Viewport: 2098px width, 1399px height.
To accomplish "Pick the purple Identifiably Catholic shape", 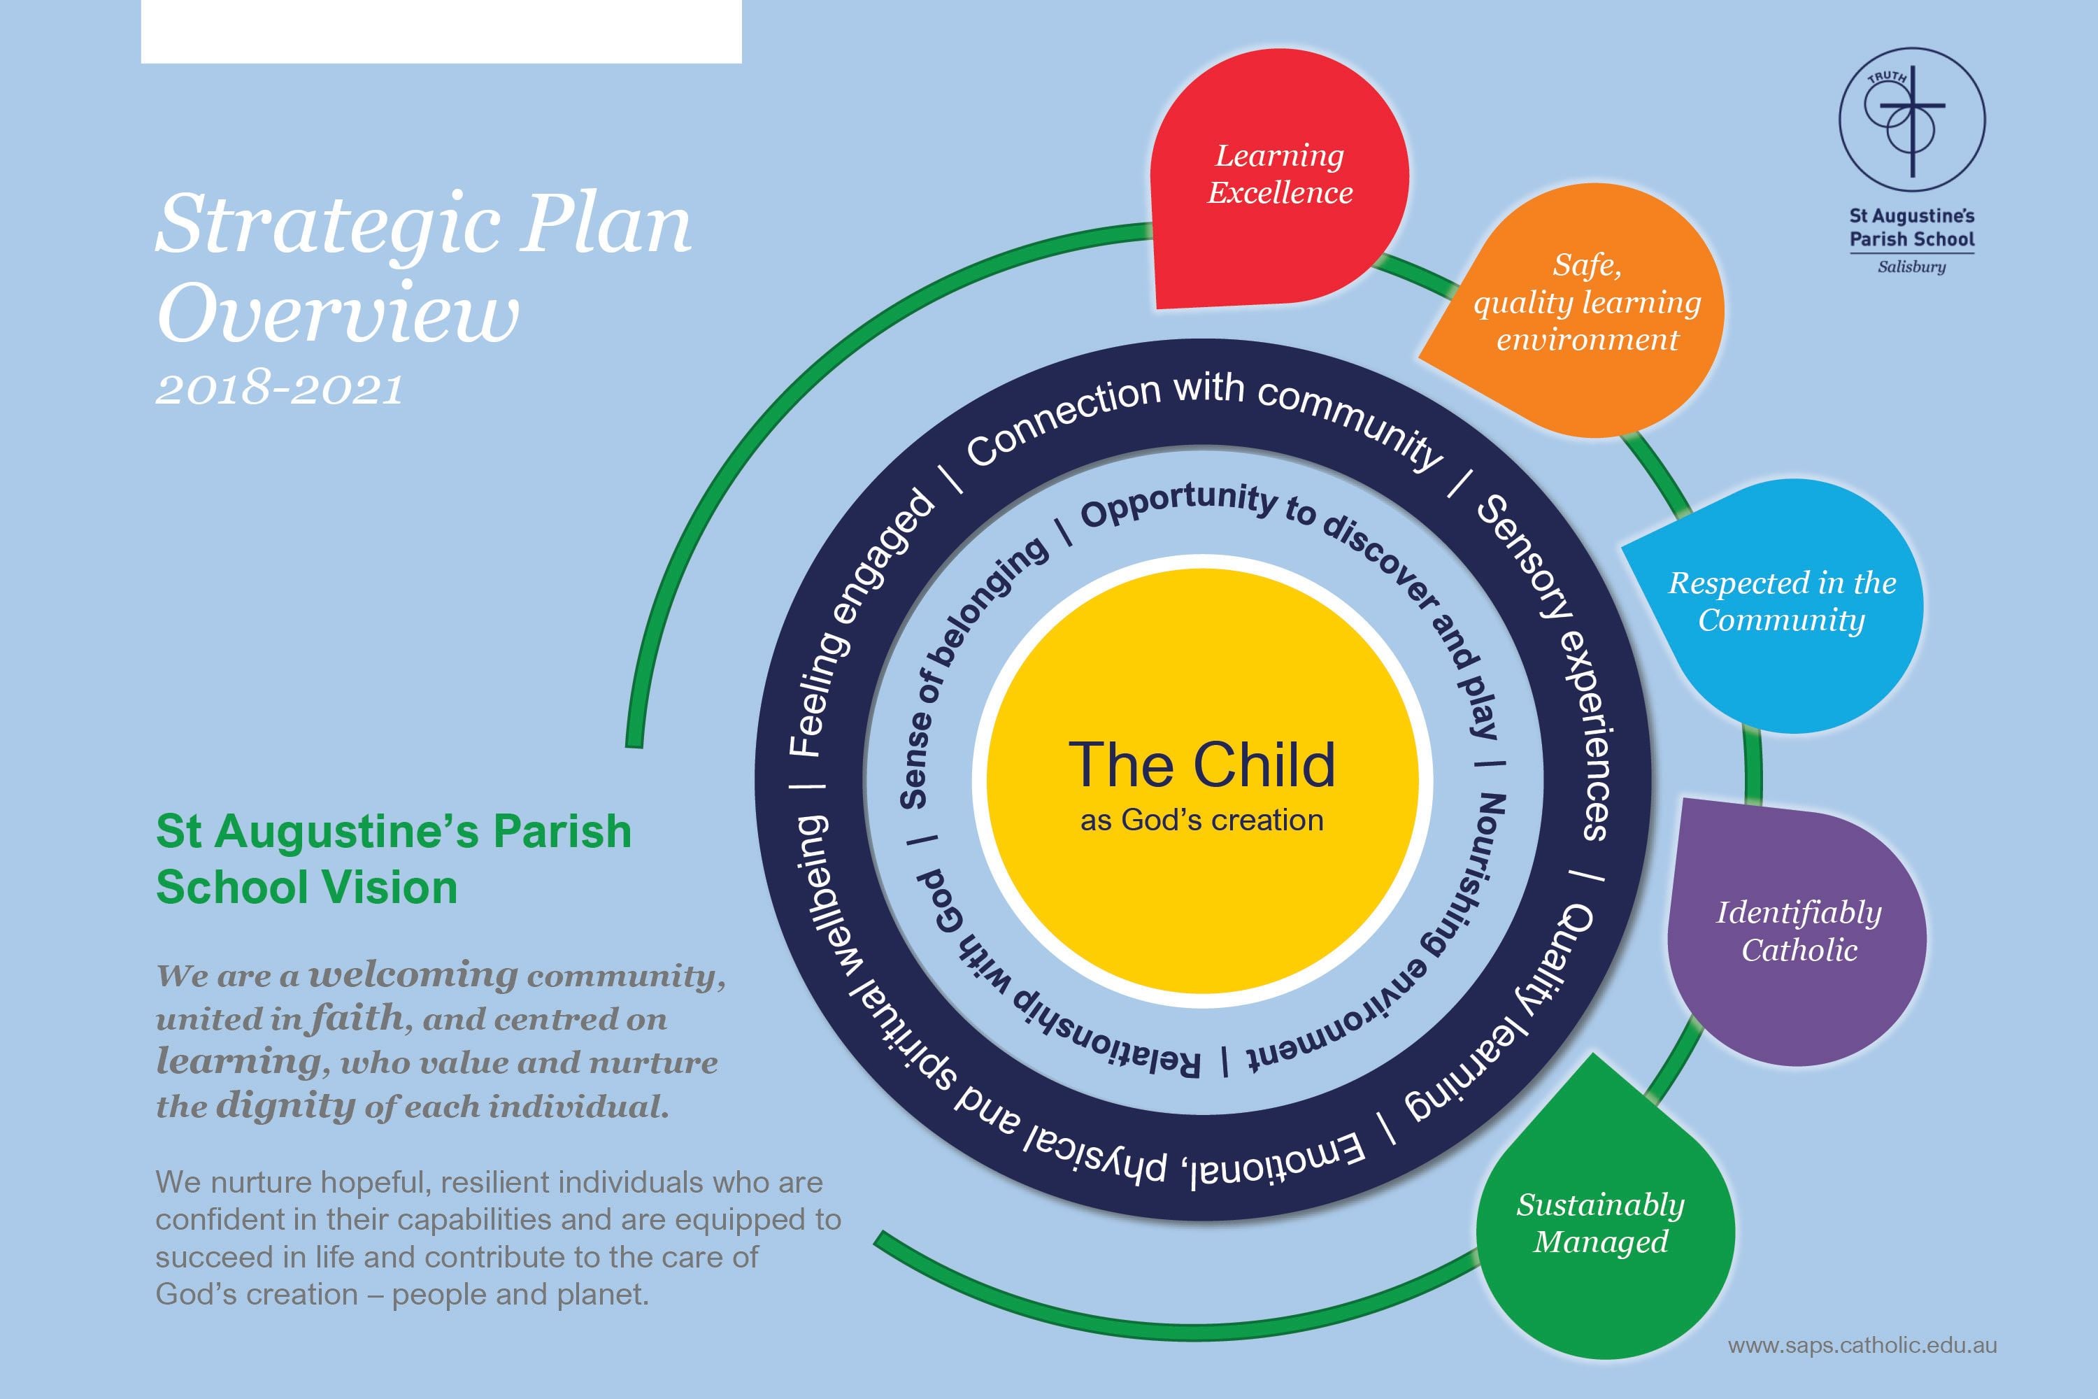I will [1798, 932].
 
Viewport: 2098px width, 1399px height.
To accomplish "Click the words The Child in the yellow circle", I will [1201, 765].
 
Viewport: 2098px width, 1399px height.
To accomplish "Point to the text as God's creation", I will [1201, 821].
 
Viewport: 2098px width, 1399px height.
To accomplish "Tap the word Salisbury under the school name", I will [1911, 267].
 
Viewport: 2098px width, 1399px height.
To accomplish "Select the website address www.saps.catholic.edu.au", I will [1862, 1345].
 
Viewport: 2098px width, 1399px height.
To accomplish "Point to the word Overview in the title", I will [337, 315].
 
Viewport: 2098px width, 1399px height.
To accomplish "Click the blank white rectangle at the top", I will [441, 31].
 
